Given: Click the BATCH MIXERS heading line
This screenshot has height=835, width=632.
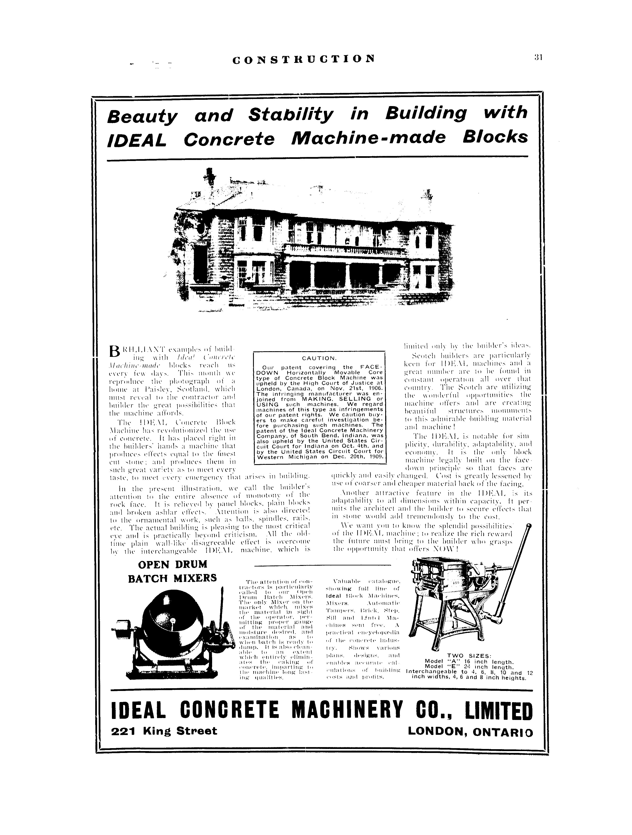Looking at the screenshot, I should (172, 578).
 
